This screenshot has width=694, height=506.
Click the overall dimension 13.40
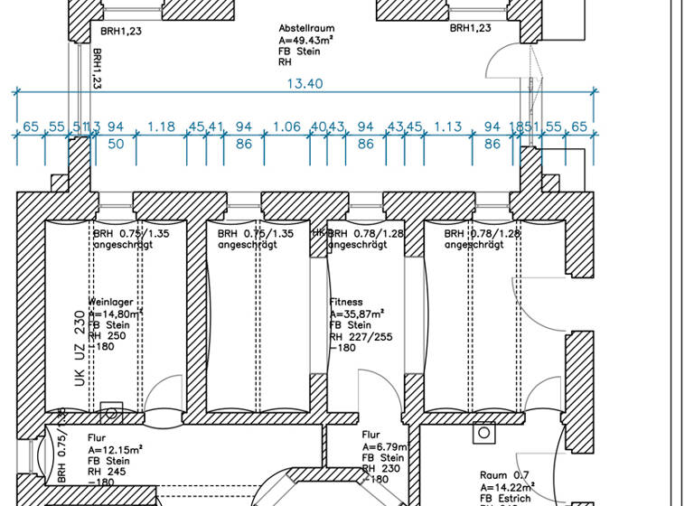click(x=305, y=83)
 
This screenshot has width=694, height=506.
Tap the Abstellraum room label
click(x=306, y=28)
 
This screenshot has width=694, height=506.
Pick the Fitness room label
click(x=346, y=302)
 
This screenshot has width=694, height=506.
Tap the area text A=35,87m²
click(x=356, y=314)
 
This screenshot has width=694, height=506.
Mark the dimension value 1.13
click(x=448, y=126)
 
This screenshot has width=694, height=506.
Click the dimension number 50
click(x=116, y=144)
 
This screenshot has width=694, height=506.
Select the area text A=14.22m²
click(x=510, y=487)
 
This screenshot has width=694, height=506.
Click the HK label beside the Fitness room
click(x=318, y=233)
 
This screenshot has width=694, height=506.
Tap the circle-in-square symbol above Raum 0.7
click(x=484, y=433)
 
